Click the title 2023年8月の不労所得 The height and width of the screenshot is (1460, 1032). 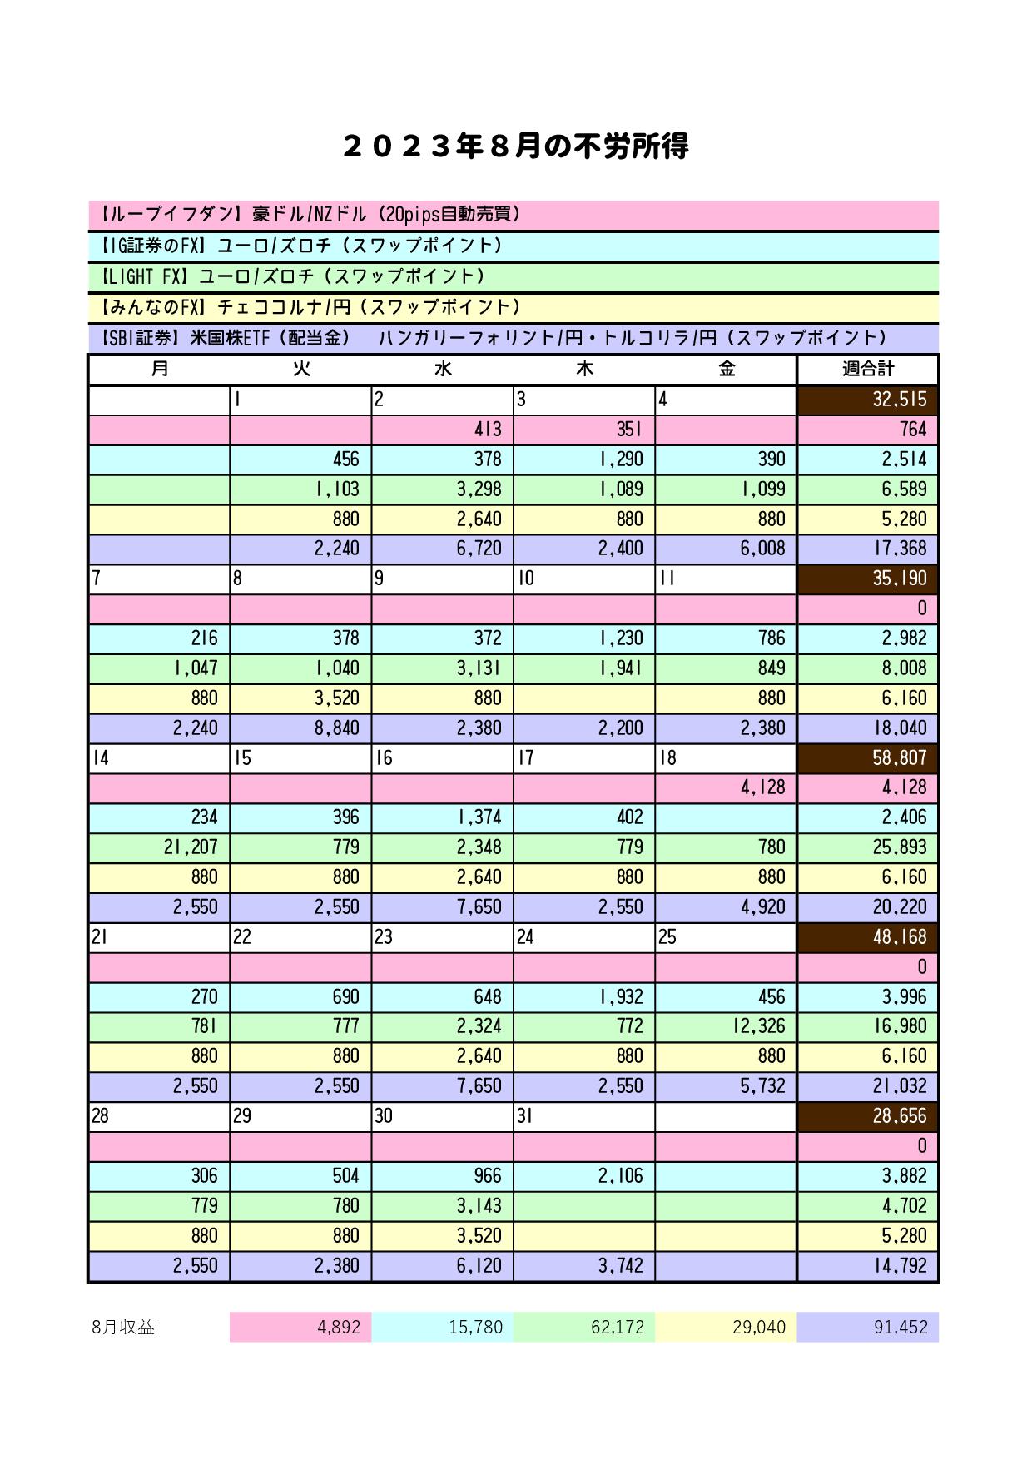[515, 147]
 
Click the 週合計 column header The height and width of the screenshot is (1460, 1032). [868, 370]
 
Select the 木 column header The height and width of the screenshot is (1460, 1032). [584, 370]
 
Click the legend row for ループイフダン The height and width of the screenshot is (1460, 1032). [514, 215]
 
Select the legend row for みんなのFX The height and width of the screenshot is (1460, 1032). [514, 307]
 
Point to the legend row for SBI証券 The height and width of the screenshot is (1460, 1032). [514, 338]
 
